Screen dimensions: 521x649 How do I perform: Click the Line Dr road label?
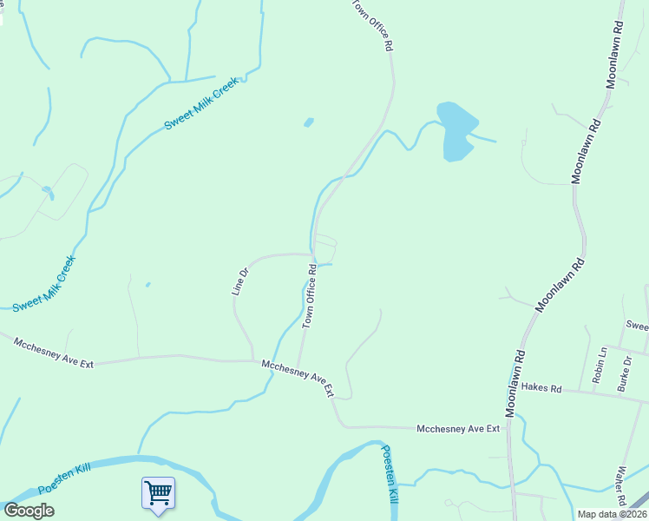tap(239, 281)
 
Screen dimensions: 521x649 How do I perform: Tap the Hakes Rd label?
tap(543, 388)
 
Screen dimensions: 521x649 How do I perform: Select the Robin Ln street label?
tap(600, 365)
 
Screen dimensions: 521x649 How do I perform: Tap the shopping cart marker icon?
tap(158, 492)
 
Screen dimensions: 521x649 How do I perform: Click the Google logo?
tap(29, 511)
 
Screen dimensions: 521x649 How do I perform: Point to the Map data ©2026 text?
tap(612, 514)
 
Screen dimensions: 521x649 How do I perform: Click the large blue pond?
tap(456, 130)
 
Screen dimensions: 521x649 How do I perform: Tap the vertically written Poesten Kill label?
tap(390, 475)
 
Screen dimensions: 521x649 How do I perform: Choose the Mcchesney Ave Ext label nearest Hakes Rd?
tap(458, 428)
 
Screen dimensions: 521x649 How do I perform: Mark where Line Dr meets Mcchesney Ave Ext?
tap(253, 360)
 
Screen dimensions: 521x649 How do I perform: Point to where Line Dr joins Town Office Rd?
tap(312, 254)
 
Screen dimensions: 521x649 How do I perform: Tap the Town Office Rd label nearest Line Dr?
tap(309, 297)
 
